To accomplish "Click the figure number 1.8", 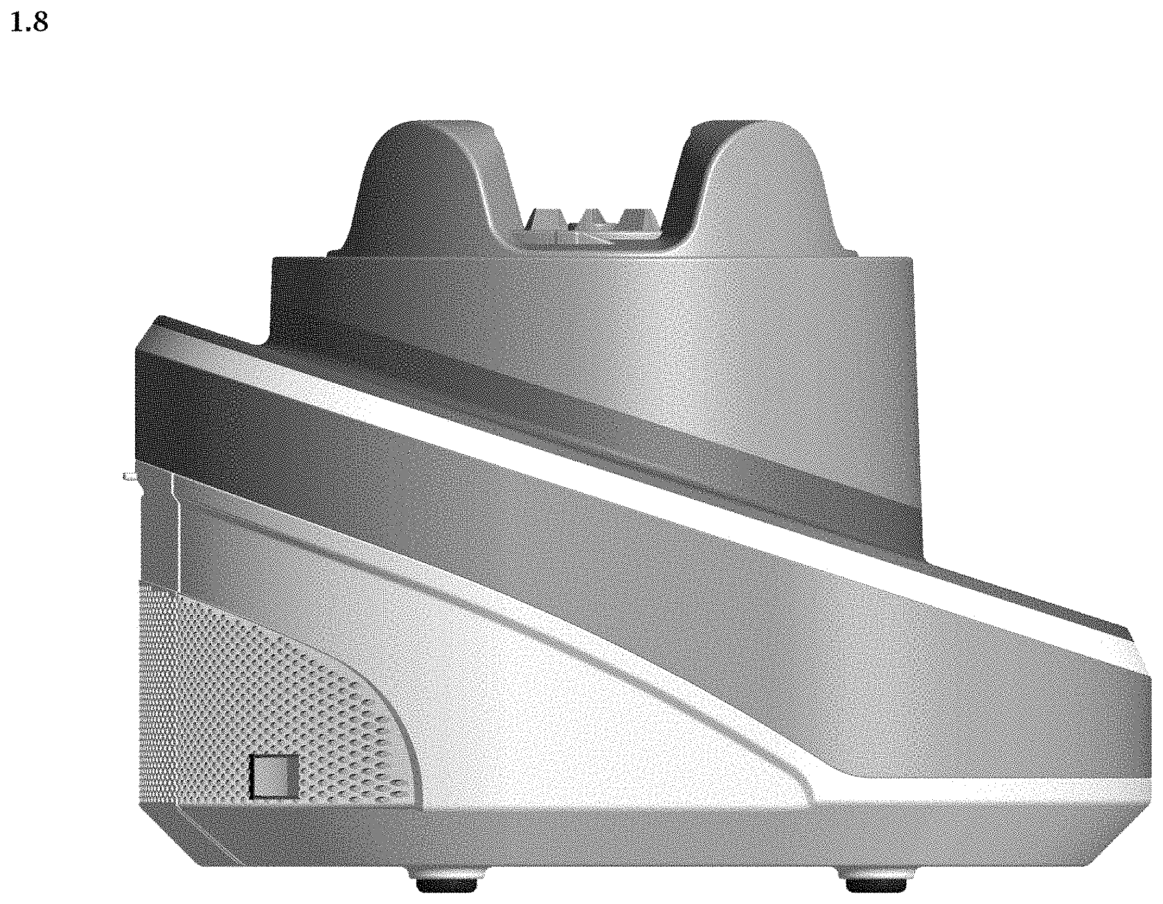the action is tap(29, 24).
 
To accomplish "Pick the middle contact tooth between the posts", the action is tap(593, 215).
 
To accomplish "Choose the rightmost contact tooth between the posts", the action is tap(639, 215).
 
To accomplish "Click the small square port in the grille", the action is tap(274, 778).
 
